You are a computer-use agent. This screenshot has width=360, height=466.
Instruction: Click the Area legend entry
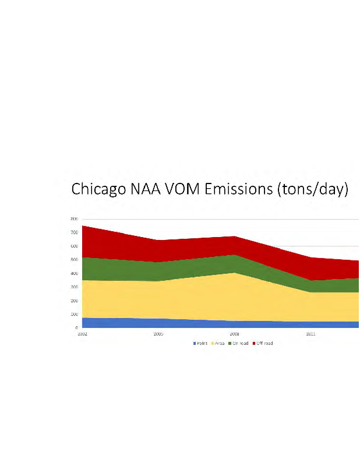point(218,343)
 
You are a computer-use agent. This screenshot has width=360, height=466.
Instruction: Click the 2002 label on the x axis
point(83,334)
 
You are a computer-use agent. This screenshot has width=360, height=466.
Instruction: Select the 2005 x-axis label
point(158,334)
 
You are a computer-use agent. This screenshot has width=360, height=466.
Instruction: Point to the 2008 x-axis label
point(234,334)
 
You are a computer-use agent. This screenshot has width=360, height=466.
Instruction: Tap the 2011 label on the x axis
point(310,334)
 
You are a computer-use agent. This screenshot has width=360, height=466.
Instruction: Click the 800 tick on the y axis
point(74,218)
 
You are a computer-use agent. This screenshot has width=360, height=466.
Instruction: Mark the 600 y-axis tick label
point(74,246)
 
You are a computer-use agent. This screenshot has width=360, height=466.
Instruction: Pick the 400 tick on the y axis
point(74,273)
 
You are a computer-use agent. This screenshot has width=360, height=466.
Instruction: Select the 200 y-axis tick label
point(74,301)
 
